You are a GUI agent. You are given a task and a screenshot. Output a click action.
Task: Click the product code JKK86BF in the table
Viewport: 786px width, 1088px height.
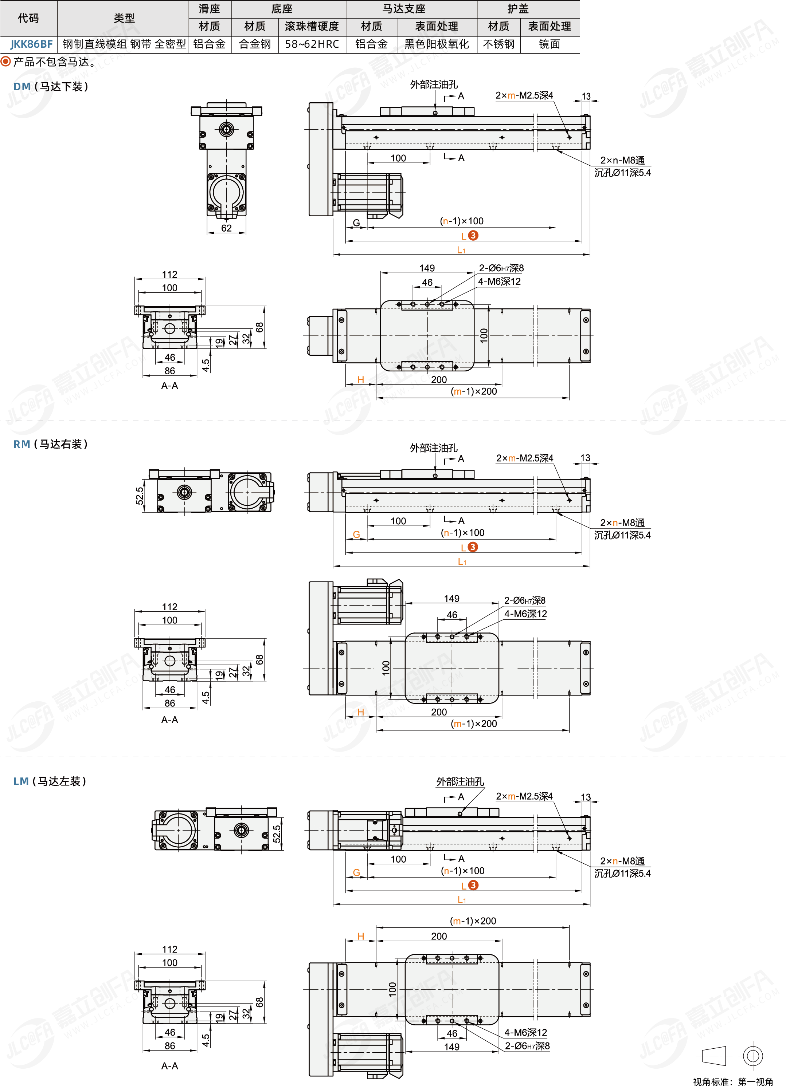(31, 44)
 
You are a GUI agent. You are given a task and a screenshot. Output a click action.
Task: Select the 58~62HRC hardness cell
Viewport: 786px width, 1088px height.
(312, 44)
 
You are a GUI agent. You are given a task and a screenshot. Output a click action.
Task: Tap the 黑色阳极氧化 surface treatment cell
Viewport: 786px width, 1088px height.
(437, 44)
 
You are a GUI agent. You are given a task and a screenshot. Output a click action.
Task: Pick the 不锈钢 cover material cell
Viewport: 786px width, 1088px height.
(498, 44)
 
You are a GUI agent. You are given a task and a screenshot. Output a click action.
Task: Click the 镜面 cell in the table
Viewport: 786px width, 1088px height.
(549, 44)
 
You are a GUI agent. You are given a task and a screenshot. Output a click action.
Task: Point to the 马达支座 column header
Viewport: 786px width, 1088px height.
(404, 9)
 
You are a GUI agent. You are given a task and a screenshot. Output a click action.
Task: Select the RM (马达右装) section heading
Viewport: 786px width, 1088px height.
(50, 444)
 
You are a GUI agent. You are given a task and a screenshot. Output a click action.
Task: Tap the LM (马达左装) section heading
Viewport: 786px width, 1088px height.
(50, 781)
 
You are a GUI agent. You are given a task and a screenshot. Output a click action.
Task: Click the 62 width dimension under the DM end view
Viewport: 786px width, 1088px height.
(226, 228)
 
